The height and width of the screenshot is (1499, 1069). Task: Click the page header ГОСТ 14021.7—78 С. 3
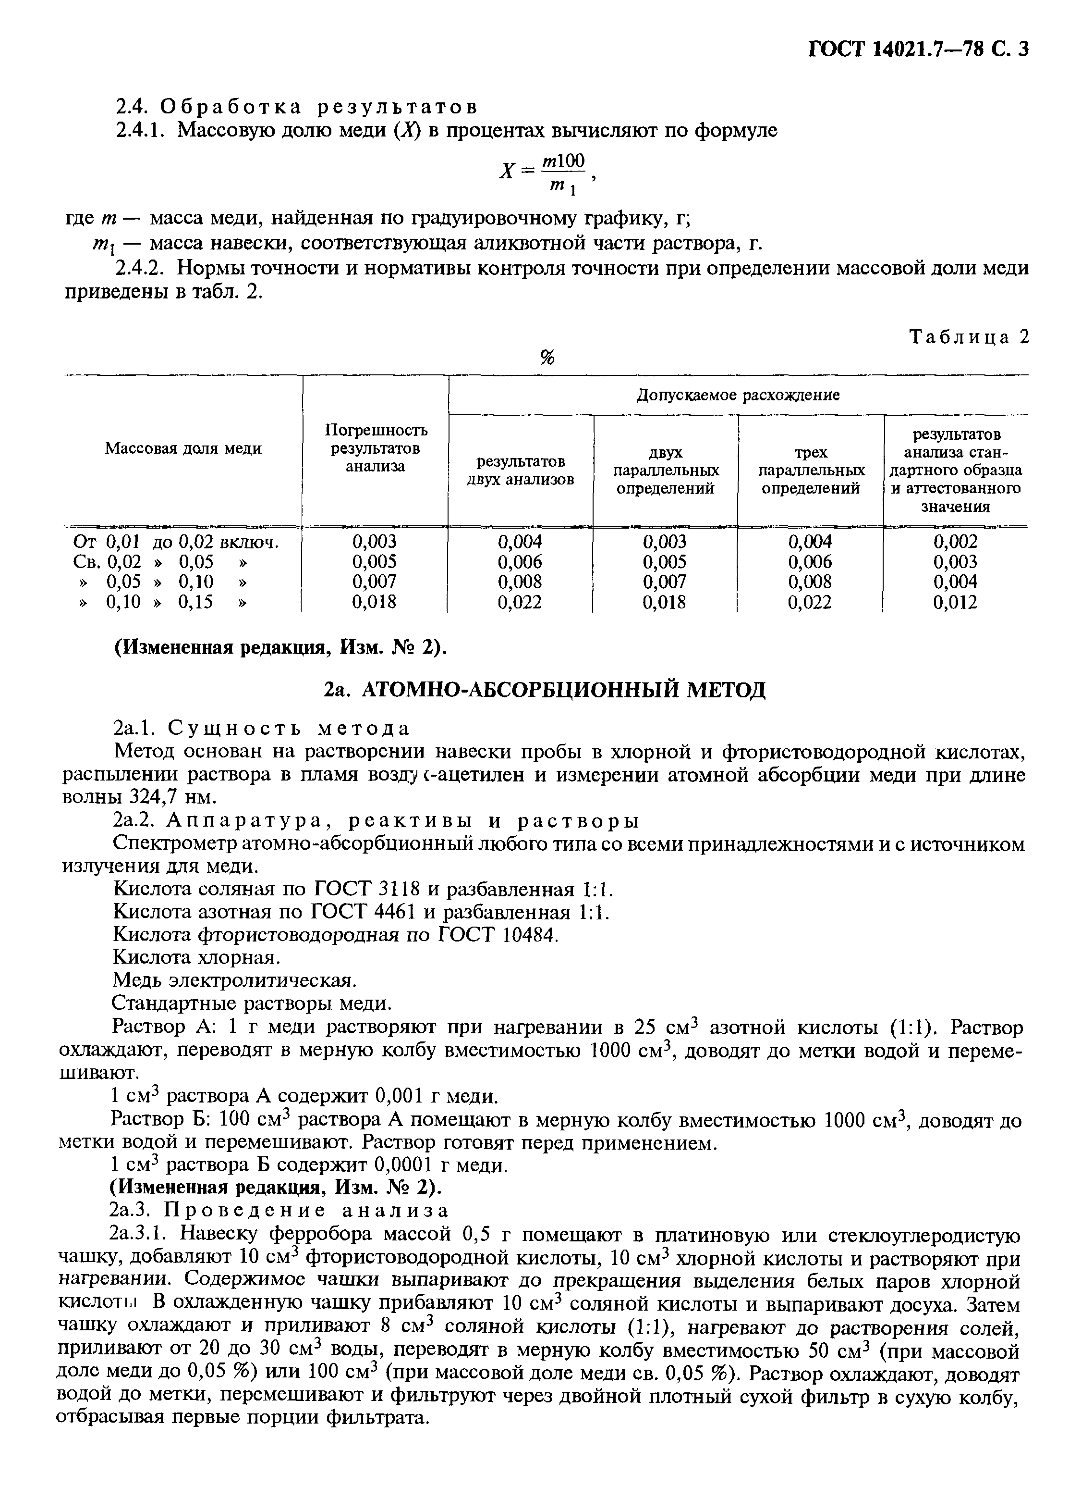(x=918, y=50)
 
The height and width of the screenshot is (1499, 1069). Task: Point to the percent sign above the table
(x=547, y=358)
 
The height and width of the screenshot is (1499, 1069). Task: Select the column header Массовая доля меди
(x=183, y=448)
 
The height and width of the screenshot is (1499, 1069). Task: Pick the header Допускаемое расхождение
(x=738, y=395)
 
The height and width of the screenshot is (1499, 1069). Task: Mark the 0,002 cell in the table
(x=955, y=542)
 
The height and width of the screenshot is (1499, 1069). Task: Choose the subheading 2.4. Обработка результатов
(x=296, y=107)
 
